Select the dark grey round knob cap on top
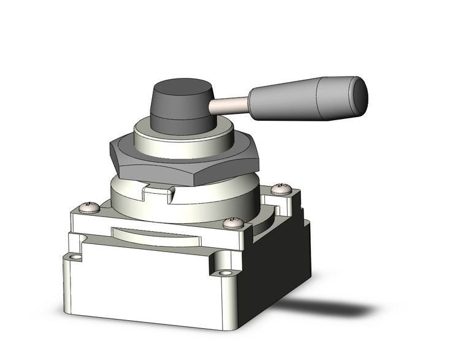click(x=182, y=104)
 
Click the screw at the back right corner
click(x=281, y=188)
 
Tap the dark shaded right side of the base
click(x=279, y=264)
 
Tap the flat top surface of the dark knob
click(x=182, y=88)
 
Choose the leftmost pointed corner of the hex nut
click(x=110, y=147)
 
